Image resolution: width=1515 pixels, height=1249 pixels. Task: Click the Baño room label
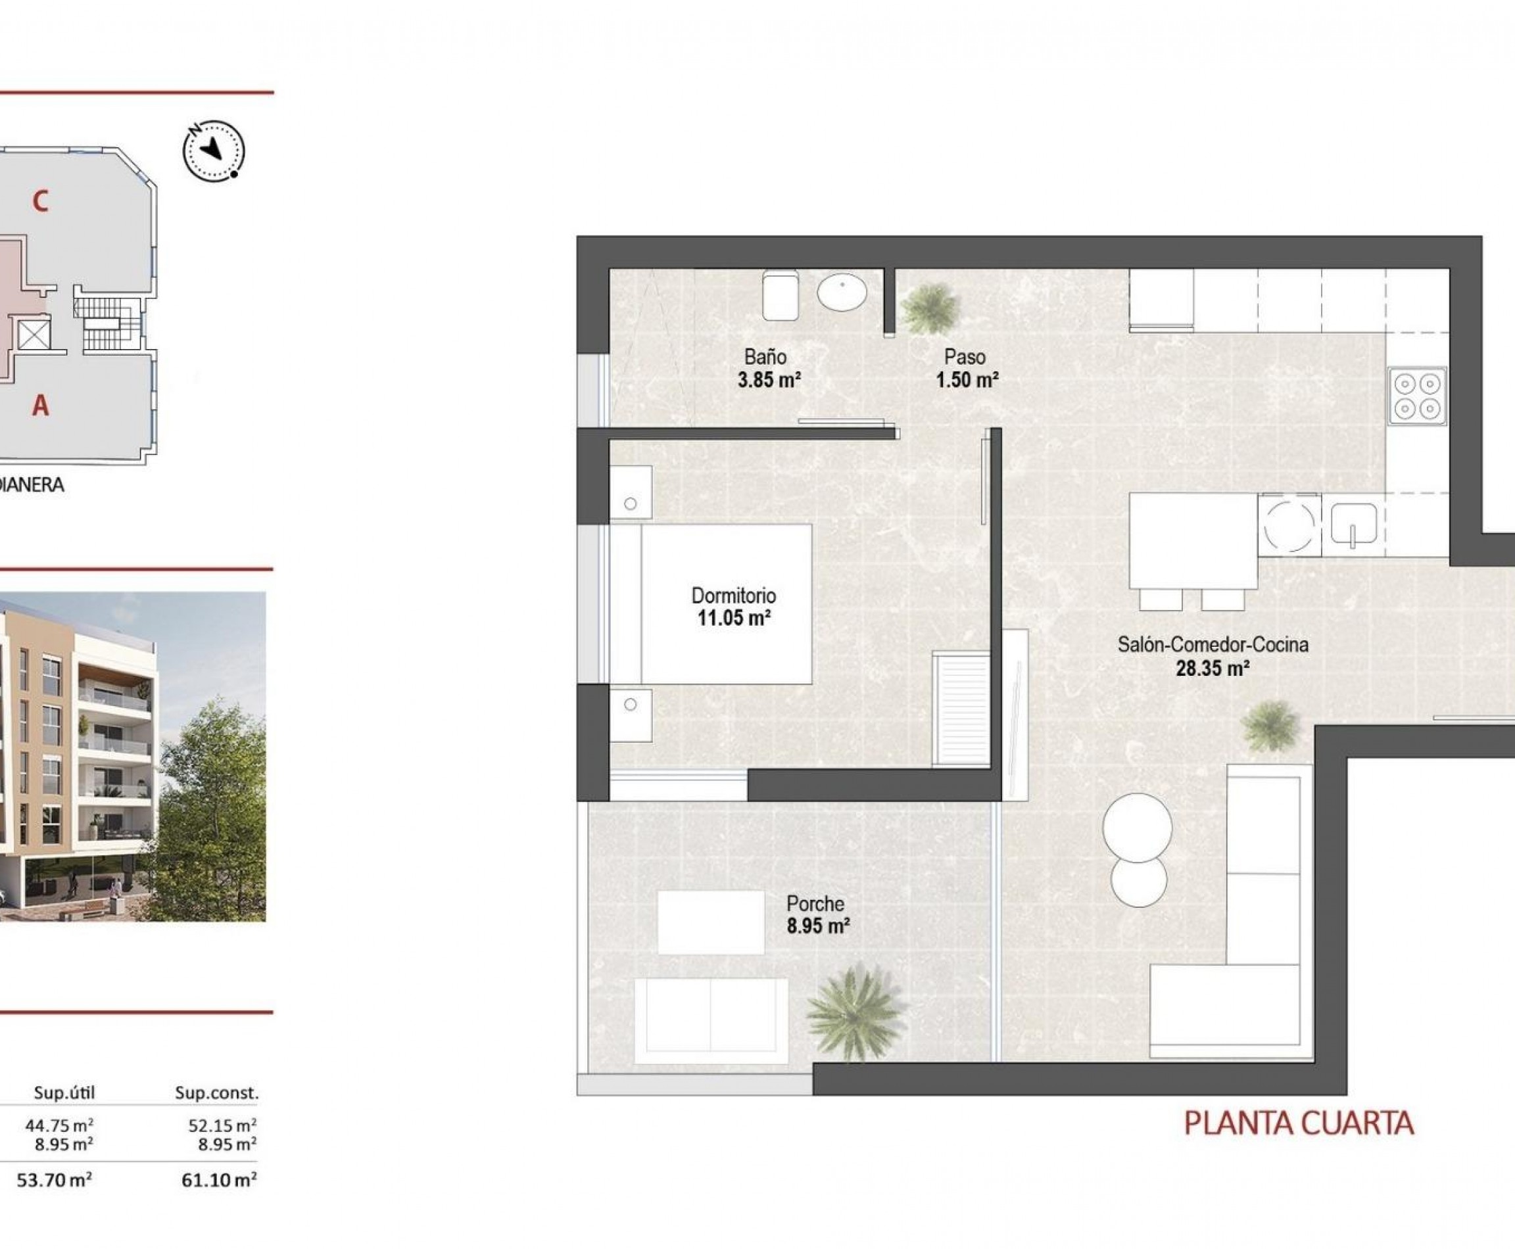(765, 356)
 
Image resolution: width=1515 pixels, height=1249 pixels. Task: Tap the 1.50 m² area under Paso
(967, 380)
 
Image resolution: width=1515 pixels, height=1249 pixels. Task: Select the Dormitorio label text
(733, 595)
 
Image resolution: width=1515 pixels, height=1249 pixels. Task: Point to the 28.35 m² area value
(1212, 669)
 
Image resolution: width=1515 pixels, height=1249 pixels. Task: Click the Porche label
(815, 904)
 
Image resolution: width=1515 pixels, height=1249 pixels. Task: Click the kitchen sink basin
(1353, 523)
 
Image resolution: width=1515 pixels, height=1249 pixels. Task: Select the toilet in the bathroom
(780, 295)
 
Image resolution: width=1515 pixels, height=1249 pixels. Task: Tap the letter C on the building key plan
(40, 201)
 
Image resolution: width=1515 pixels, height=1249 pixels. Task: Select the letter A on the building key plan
(40, 406)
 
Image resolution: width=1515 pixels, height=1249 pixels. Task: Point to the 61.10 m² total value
(219, 1181)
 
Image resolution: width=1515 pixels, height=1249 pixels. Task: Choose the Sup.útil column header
(65, 1093)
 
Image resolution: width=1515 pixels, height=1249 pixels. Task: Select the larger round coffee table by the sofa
(1136, 828)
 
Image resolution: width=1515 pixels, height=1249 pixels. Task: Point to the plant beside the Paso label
(930, 308)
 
